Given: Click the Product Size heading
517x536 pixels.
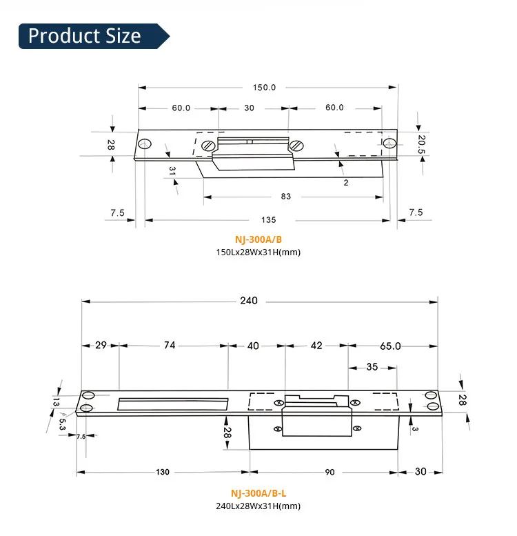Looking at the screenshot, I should [84, 36].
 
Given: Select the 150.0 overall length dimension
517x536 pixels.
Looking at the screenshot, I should [264, 88].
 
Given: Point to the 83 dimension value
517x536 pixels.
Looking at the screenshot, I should [286, 197].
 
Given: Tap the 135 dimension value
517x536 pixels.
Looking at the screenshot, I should [269, 220].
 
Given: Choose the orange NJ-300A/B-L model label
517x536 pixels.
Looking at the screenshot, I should [258, 494].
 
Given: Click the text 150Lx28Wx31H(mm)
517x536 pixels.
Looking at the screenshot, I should [258, 252].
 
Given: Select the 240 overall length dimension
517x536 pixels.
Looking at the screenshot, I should [249, 301].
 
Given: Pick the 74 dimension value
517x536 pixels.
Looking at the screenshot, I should [170, 346].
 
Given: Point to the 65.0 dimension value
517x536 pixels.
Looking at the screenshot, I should [389, 346].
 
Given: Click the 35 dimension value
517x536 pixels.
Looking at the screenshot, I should [372, 367].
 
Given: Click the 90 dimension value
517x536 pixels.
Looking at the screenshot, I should [330, 473].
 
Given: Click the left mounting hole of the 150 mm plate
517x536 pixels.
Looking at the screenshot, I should [144, 144].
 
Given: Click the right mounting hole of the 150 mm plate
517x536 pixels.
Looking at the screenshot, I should [389, 143].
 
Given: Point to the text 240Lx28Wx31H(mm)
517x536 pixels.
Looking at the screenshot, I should [258, 506].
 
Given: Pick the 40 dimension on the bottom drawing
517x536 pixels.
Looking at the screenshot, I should [253, 346].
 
